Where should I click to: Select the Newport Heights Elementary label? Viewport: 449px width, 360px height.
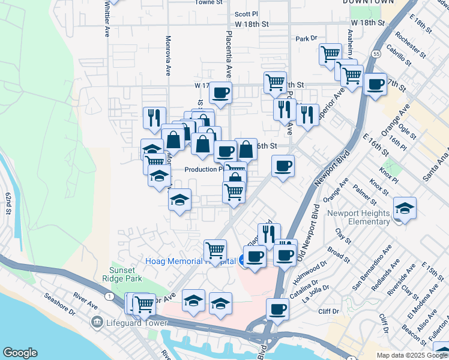click(358, 217)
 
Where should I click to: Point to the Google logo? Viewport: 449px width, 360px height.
click(20, 353)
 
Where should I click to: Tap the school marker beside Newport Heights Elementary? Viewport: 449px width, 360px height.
click(405, 209)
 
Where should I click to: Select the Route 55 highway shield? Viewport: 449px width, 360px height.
click(375, 53)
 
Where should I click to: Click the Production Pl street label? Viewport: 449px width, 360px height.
click(204, 169)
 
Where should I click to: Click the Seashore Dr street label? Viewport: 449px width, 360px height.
click(59, 304)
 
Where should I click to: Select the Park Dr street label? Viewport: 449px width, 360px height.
click(306, 38)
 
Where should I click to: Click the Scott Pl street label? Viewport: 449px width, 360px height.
click(246, 13)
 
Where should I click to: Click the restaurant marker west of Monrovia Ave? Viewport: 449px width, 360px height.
click(155, 117)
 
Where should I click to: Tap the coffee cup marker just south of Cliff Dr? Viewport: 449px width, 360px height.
click(277, 310)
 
